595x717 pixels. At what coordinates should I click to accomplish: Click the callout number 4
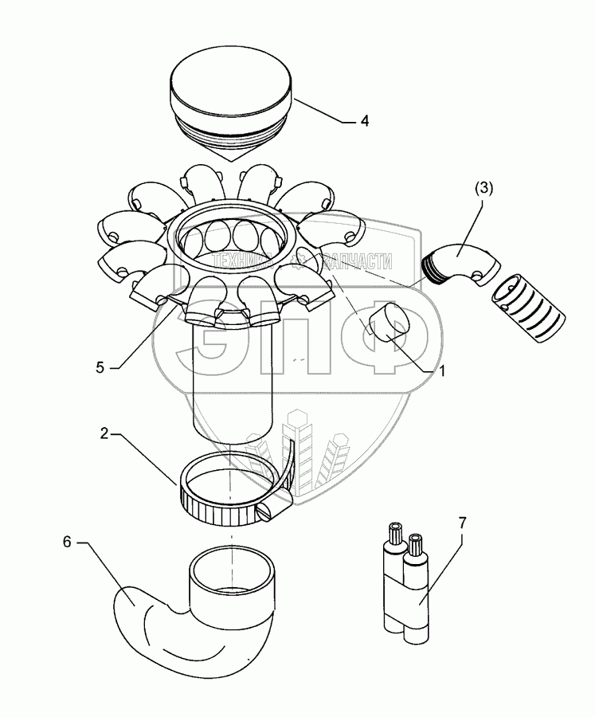[x=364, y=121]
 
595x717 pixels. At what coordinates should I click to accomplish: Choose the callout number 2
[x=104, y=434]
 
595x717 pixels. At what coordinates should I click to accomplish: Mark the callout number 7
[x=462, y=524]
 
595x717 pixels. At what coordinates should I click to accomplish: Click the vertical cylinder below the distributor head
[x=232, y=382]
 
